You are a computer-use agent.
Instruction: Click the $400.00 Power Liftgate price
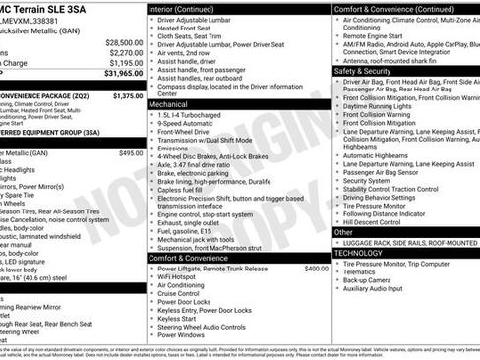pyautogui.click(x=316, y=269)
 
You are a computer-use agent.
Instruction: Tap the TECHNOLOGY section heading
pyautogui.click(x=358, y=253)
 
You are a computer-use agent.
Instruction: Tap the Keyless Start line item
pyautogui.click(x=176, y=318)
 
